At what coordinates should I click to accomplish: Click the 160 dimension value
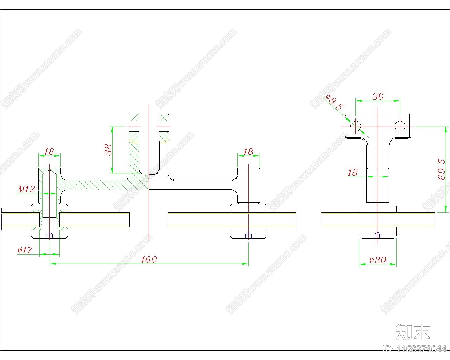click(x=149, y=259)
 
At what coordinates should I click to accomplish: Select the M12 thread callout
click(x=26, y=189)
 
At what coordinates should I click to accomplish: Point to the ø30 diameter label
click(x=378, y=260)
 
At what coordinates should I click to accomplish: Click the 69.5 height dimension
click(x=441, y=169)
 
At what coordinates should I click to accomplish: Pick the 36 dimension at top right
click(x=378, y=96)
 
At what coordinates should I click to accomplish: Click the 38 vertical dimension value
click(x=108, y=150)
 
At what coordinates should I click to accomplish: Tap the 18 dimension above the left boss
click(x=49, y=151)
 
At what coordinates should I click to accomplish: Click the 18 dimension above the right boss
click(x=248, y=151)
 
